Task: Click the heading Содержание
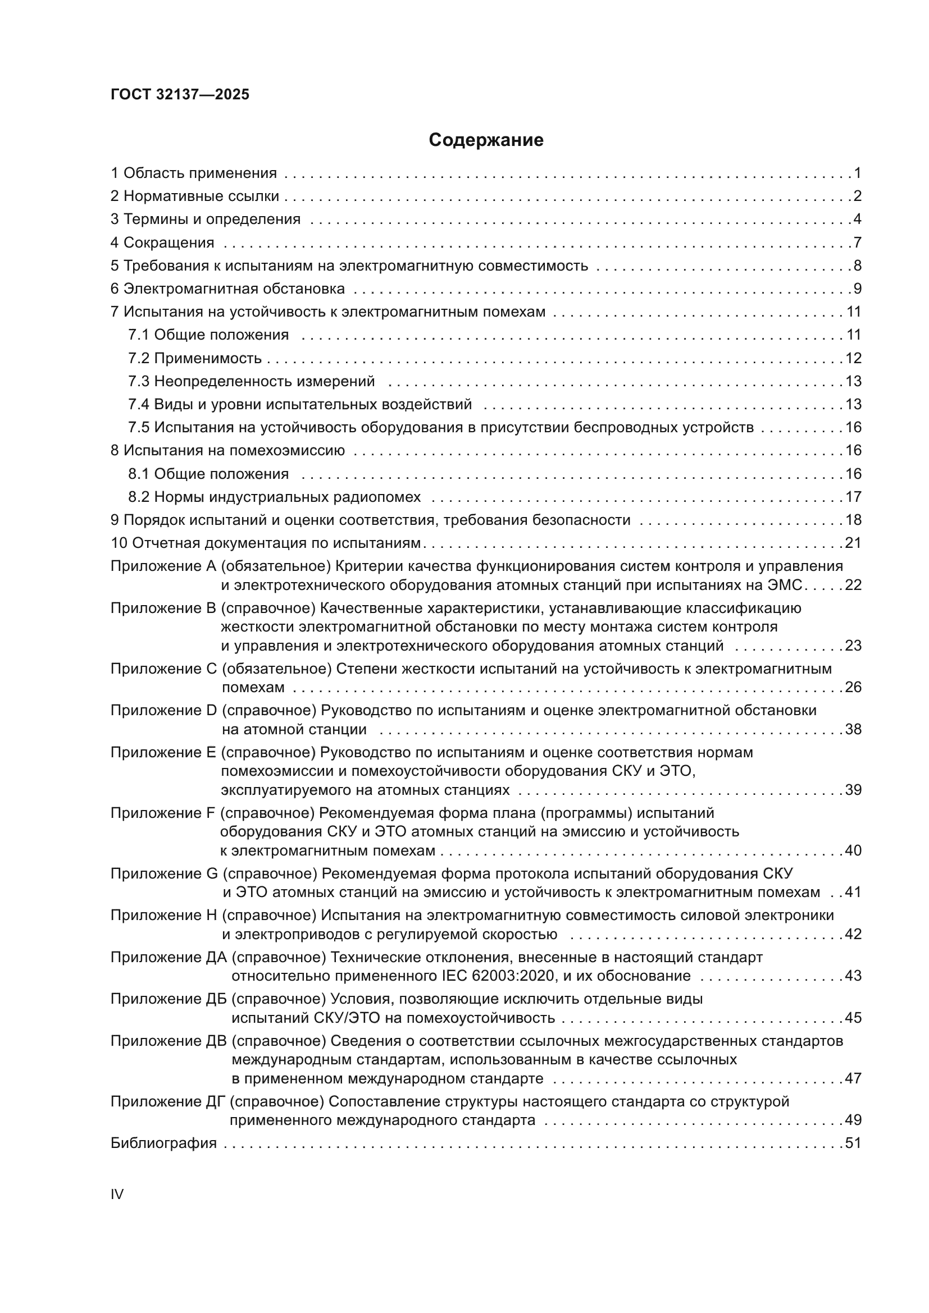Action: (486, 140)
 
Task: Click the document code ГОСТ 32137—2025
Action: (180, 95)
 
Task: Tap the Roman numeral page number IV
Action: (117, 1194)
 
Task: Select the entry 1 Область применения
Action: (193, 173)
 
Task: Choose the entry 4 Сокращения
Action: (162, 243)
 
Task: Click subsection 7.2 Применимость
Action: (194, 359)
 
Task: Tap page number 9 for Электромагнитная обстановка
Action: (858, 289)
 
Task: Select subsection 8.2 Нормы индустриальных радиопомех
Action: (274, 497)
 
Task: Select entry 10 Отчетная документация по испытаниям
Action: (266, 543)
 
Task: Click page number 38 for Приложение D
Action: (853, 729)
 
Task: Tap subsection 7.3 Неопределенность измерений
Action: (251, 381)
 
